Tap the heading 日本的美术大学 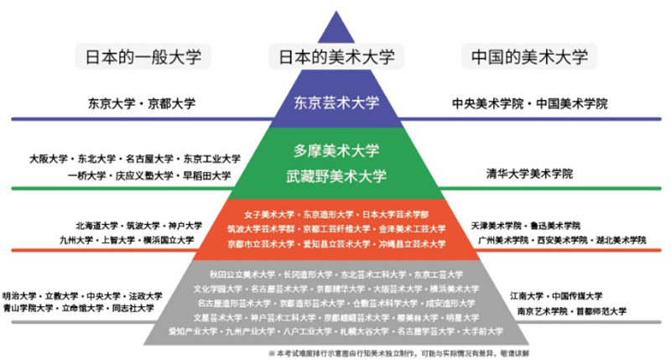[x=335, y=57]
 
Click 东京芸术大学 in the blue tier [x=336, y=103]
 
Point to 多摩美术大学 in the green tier [x=336, y=152]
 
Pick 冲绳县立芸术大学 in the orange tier [x=413, y=244]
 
